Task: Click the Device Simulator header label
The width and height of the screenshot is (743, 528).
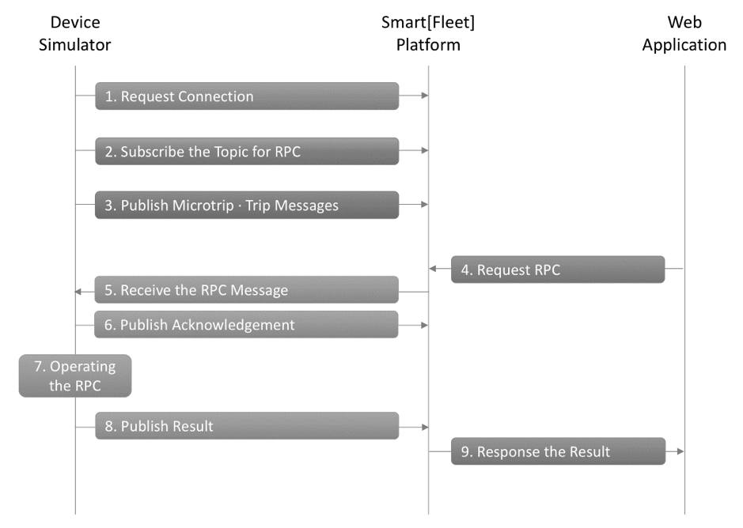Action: [x=75, y=34]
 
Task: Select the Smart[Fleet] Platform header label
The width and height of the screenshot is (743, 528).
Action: [x=428, y=34]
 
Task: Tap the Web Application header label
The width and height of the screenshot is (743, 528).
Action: [x=684, y=34]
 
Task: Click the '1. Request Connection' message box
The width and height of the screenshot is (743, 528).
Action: [x=247, y=96]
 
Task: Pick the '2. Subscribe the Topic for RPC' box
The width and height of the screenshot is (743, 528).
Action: [x=247, y=151]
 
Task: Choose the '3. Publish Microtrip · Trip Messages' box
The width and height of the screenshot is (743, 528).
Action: [x=247, y=205]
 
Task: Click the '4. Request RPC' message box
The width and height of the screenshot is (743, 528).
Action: [x=558, y=270]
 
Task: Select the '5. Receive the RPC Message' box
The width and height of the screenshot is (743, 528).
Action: [x=246, y=290]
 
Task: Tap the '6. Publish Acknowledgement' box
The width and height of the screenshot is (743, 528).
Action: [x=246, y=324]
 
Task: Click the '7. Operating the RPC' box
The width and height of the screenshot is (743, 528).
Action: [x=75, y=375]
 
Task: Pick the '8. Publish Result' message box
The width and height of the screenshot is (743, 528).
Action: [x=247, y=426]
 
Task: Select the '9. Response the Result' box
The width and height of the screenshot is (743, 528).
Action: [x=558, y=451]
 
